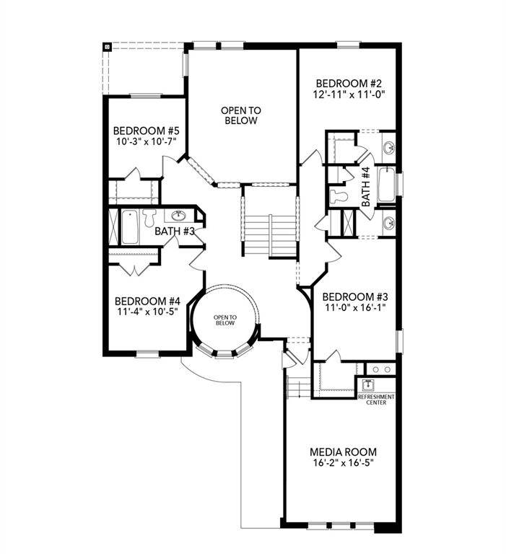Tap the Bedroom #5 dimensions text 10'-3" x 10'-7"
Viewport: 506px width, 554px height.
pos(147,142)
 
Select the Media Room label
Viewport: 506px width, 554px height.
pos(343,452)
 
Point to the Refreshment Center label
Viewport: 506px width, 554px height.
pos(376,400)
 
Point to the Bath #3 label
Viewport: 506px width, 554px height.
pos(175,232)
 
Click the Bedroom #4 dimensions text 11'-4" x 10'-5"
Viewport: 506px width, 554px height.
pos(147,312)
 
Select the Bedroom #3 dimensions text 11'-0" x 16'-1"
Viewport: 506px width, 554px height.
pos(355,308)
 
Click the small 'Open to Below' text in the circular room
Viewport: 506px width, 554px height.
pos(224,320)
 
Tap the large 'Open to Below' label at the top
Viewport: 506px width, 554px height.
pos(240,115)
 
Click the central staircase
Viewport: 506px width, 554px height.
pos(269,233)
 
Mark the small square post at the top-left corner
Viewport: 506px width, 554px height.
pos(107,47)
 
